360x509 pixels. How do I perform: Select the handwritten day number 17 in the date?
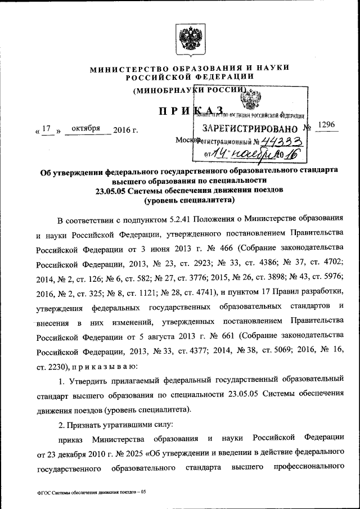(48, 129)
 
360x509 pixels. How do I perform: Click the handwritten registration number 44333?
(285, 142)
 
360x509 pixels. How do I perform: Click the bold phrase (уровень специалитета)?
(189, 200)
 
